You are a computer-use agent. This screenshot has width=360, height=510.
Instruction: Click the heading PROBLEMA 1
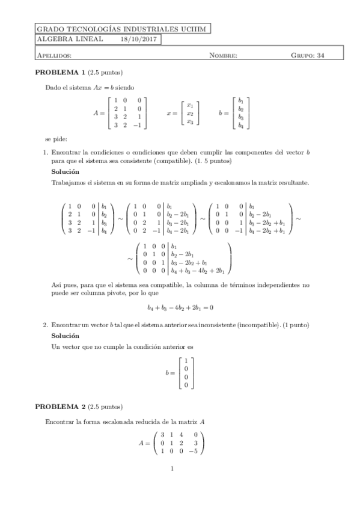tap(60, 73)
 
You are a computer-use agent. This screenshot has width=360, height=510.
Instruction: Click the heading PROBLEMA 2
tap(60, 406)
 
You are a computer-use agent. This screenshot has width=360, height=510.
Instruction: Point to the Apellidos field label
tap(55, 55)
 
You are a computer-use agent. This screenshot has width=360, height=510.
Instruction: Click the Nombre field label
tap(223, 55)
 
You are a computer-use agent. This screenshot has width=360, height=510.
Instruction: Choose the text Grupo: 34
tap(308, 55)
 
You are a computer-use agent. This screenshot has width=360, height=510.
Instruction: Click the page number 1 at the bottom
tap(172, 469)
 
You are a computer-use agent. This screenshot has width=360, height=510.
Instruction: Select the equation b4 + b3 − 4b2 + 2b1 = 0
tap(180, 307)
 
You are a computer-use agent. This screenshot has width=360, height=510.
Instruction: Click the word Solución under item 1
tap(66, 172)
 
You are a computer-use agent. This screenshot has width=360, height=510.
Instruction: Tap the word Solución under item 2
tap(66, 336)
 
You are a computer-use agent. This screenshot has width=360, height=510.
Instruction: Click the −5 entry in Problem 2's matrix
tap(195, 451)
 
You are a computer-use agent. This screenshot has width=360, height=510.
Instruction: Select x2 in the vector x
tap(190, 113)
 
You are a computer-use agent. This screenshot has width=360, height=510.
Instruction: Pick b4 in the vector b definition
tap(241, 126)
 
